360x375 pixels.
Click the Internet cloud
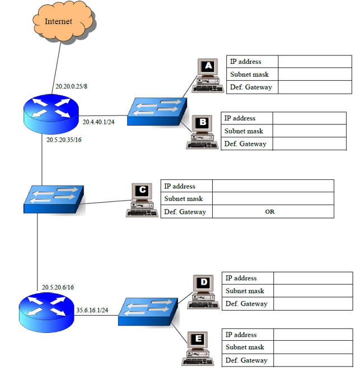coord(63,22)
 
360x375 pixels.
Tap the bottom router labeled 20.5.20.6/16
coord(45,312)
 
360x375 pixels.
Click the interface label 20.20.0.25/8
coord(71,86)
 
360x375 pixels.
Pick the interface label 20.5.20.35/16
coord(64,140)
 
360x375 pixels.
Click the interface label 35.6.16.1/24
coord(92,310)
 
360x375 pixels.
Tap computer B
coord(200,132)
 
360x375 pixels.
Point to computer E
coord(198,348)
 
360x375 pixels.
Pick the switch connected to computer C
coord(53,200)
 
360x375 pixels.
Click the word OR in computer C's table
coord(270,212)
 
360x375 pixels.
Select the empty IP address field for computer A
coord(314,62)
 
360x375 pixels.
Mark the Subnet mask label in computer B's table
coord(244,131)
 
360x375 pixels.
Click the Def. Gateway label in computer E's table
coord(246,360)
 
